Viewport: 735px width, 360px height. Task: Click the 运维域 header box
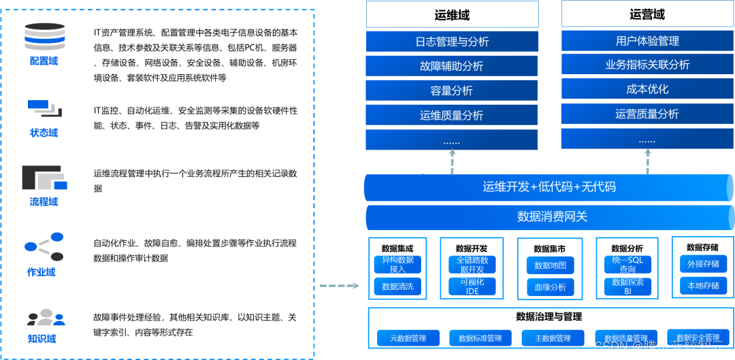click(452, 14)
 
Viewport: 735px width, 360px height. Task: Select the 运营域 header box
click(647, 14)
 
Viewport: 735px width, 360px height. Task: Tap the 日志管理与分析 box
click(452, 42)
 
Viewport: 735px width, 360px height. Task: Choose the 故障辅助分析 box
click(452, 66)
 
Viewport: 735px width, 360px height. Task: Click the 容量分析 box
click(452, 91)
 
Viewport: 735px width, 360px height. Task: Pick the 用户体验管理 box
click(647, 41)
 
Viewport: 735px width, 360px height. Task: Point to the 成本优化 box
click(647, 89)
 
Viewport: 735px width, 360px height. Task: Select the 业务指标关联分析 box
click(647, 65)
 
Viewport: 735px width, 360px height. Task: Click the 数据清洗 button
click(398, 287)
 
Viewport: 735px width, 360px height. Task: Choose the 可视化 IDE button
click(472, 287)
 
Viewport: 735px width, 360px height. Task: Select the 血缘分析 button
click(550, 287)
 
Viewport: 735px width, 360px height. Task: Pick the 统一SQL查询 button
click(627, 265)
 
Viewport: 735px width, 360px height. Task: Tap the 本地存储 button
click(703, 286)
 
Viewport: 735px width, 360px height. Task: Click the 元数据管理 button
click(408, 338)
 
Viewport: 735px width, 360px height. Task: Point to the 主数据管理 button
click(553, 338)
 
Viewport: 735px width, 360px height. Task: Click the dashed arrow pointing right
click(339, 285)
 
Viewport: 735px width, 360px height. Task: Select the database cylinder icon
click(44, 37)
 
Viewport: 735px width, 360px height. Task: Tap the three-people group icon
click(45, 318)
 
